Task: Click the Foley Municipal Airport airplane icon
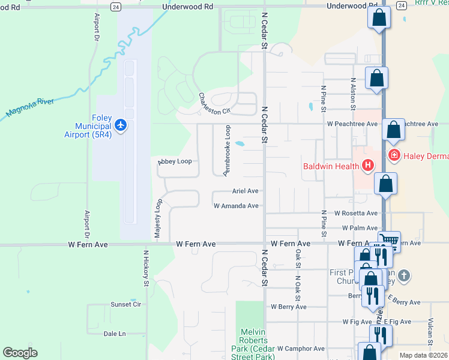[121, 125]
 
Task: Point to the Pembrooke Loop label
[227, 151]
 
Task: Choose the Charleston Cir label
[214, 103]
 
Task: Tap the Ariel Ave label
[245, 191]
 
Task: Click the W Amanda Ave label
[236, 206]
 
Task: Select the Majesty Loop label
[158, 220]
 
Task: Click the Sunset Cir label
[125, 304]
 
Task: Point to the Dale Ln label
[115, 334]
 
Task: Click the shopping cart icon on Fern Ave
[390, 241]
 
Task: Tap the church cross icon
[404, 275]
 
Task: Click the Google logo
[20, 353]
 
